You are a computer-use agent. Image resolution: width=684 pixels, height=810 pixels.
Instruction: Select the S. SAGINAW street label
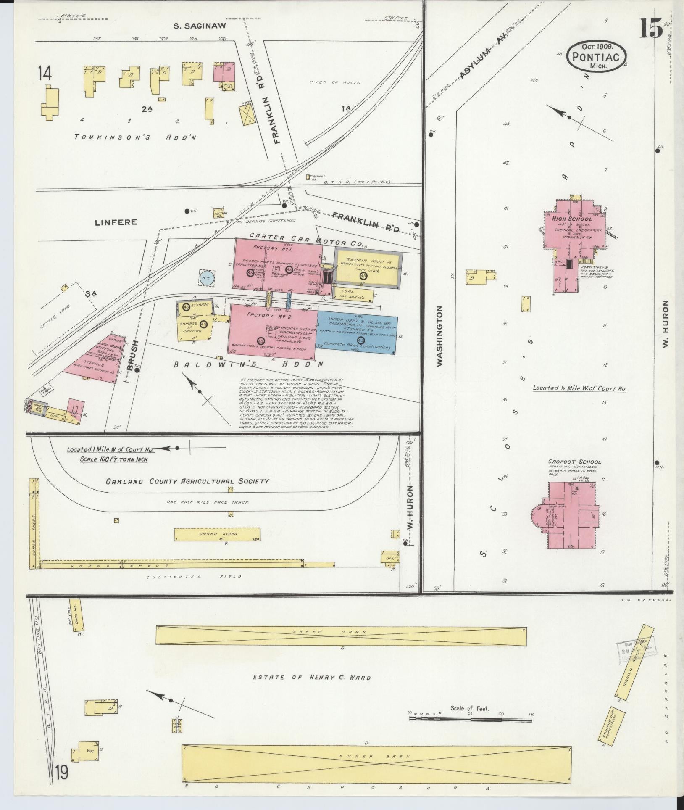[x=200, y=26]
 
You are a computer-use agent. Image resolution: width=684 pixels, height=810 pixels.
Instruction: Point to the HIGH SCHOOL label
[x=572, y=219]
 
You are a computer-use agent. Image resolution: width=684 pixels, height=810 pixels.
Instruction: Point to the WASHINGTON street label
[x=439, y=336]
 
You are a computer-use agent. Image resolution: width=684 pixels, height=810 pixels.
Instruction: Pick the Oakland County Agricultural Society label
[x=187, y=481]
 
